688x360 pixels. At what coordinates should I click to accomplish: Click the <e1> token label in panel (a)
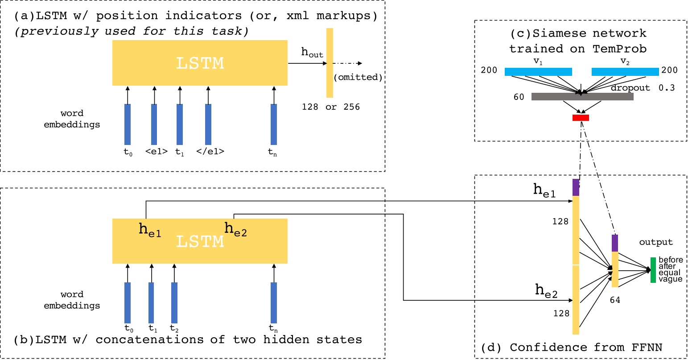(156, 152)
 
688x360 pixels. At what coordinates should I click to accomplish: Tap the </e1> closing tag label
(210, 152)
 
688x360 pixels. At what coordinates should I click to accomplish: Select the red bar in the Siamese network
(581, 118)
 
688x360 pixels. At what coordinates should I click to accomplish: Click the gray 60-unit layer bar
(582, 96)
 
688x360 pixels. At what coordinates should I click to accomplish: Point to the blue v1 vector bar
(538, 72)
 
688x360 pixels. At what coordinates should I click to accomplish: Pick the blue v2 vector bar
(625, 72)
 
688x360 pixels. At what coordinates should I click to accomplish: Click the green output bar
(653, 270)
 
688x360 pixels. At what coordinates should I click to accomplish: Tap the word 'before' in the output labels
(671, 260)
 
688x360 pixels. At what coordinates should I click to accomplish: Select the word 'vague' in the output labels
(671, 279)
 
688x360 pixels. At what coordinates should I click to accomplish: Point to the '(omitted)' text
(358, 77)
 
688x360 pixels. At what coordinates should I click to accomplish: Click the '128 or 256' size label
(331, 107)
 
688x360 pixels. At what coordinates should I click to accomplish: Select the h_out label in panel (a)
(312, 53)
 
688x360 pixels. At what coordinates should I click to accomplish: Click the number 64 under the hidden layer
(615, 300)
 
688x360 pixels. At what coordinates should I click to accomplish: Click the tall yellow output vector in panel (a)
(330, 62)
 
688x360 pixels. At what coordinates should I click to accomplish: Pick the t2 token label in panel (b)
(174, 329)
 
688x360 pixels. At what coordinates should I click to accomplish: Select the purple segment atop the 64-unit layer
(615, 243)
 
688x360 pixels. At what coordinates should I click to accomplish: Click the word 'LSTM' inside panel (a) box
(200, 63)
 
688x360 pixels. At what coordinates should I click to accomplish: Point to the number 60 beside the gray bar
(519, 97)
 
